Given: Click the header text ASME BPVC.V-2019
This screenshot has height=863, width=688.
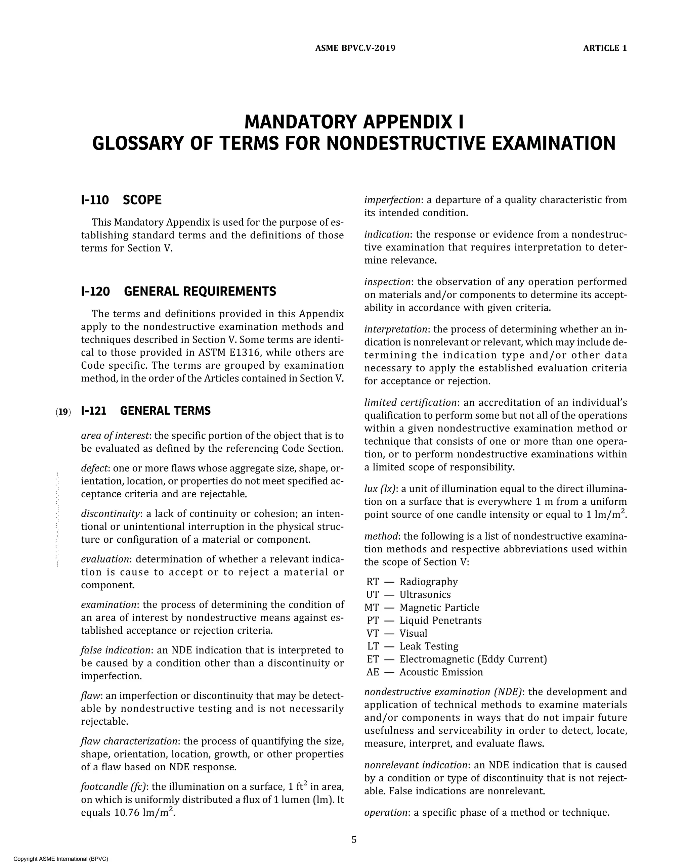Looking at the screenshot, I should click(355, 48).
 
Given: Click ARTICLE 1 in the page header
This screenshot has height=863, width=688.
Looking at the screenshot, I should click(605, 48).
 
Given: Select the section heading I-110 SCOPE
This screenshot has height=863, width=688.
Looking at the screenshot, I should click(121, 200).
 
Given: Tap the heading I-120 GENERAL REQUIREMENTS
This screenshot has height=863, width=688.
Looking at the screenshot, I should click(178, 291).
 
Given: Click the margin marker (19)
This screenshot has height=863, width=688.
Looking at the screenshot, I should click(63, 411).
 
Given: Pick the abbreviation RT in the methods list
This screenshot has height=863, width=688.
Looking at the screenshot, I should click(373, 582).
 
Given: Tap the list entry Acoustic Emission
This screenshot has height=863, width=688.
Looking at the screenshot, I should click(441, 672).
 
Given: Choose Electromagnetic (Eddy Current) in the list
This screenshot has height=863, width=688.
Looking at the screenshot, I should click(473, 659).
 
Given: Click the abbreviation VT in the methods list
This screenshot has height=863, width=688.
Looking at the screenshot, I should click(373, 633).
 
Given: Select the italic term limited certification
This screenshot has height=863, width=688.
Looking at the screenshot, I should click(410, 402).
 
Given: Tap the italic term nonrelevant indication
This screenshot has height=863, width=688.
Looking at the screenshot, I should click(416, 765).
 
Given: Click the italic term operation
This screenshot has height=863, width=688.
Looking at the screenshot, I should click(385, 813).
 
